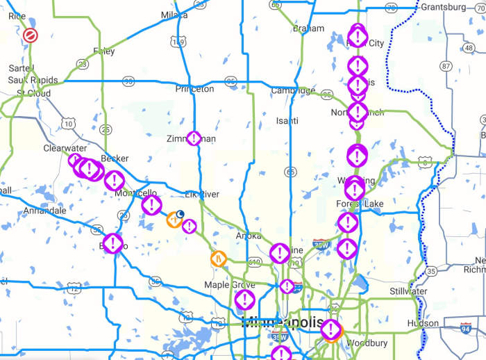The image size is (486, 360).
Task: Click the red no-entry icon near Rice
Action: tap(31, 35)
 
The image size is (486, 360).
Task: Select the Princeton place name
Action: tap(194, 89)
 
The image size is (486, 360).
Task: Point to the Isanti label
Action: tap(287, 120)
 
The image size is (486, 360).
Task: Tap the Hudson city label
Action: tap(423, 323)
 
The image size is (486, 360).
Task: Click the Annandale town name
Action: tap(44, 210)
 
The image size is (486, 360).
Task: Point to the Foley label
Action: tap(103, 51)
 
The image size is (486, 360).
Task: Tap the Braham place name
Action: tap(308, 28)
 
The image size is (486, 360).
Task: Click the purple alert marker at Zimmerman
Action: tap(194, 138)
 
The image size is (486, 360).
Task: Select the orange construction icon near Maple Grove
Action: tap(218, 258)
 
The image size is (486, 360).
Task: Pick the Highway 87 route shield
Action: tap(446, 66)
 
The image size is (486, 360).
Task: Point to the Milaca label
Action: tap(174, 15)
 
